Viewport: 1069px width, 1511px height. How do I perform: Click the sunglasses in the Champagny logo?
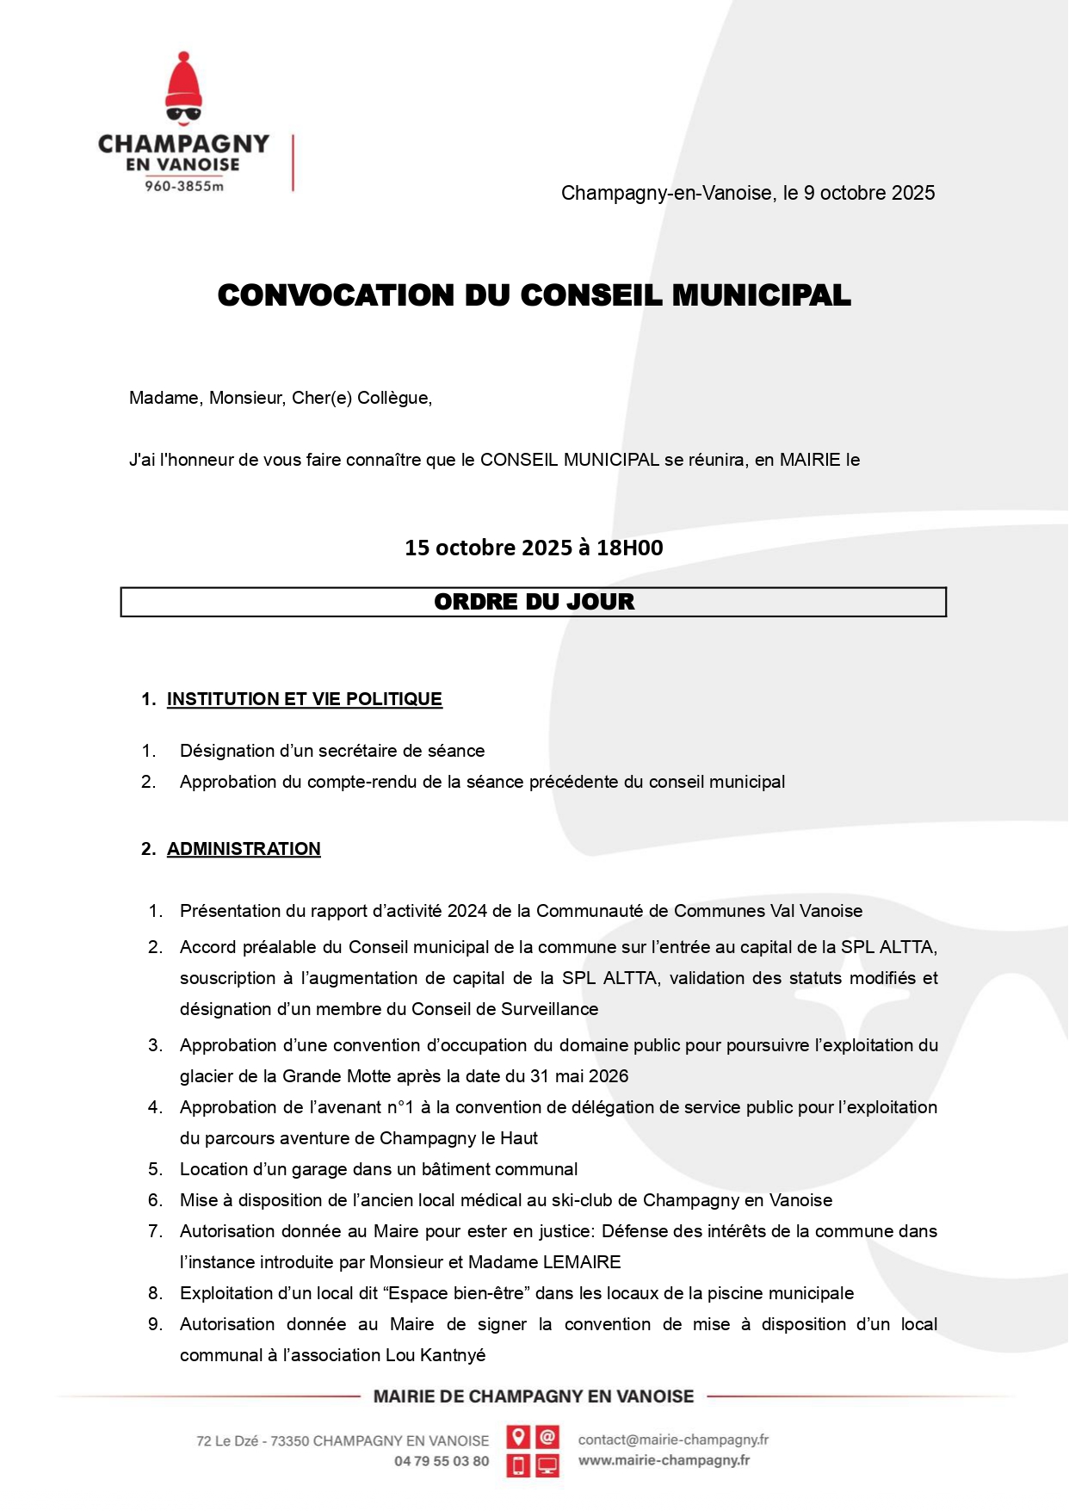point(183,113)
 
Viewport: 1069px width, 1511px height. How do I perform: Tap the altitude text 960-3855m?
point(183,186)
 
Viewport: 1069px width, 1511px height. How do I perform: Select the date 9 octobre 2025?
point(869,193)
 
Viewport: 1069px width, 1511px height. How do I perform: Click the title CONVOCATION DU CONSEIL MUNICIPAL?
point(534,295)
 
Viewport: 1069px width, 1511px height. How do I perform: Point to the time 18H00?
point(630,548)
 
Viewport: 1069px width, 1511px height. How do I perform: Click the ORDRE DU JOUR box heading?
point(534,602)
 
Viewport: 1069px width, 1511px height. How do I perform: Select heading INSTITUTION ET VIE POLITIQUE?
point(304,699)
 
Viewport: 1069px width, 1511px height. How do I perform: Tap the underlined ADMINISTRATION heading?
point(244,849)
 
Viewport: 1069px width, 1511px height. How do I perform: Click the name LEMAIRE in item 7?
point(582,1262)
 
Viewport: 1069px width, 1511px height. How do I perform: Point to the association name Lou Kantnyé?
point(436,1355)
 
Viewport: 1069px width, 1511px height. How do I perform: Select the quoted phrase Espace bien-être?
point(461,1293)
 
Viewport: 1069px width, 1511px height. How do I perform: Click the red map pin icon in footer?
point(518,1437)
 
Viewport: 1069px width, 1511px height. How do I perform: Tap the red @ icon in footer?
point(547,1437)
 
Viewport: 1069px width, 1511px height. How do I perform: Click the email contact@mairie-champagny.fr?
point(673,1440)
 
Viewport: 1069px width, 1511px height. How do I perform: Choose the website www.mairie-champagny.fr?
point(664,1460)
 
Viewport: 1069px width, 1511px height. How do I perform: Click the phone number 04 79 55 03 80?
point(442,1461)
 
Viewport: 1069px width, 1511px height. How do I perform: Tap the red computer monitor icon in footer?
point(547,1465)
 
